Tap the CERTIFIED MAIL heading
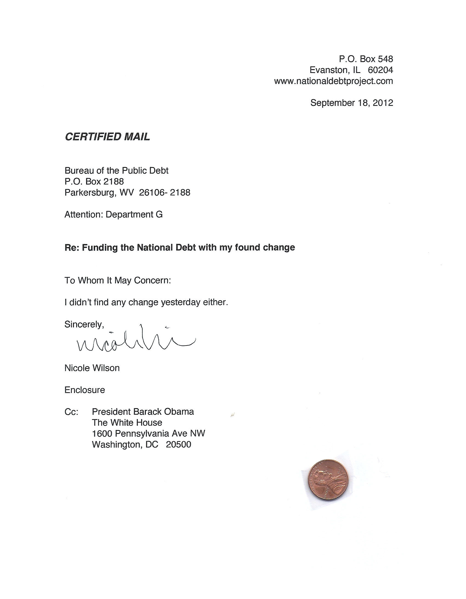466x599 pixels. click(x=107, y=137)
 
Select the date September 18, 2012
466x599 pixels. click(x=352, y=103)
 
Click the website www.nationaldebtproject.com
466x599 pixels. click(x=333, y=81)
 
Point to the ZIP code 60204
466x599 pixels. click(x=380, y=70)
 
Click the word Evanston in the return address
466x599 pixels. click(x=329, y=70)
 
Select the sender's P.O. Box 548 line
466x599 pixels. click(x=366, y=59)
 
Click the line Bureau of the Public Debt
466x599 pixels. click(x=116, y=171)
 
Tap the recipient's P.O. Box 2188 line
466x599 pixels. click(x=94, y=182)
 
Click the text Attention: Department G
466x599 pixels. click(x=113, y=214)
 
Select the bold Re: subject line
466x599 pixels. click(x=180, y=247)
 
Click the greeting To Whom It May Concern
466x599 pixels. click(x=118, y=280)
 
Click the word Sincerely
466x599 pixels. click(x=84, y=324)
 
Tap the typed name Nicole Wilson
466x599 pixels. click(x=92, y=368)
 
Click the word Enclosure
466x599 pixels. click(x=85, y=390)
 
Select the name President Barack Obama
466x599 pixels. click(x=143, y=412)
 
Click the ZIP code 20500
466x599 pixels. click(x=178, y=445)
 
